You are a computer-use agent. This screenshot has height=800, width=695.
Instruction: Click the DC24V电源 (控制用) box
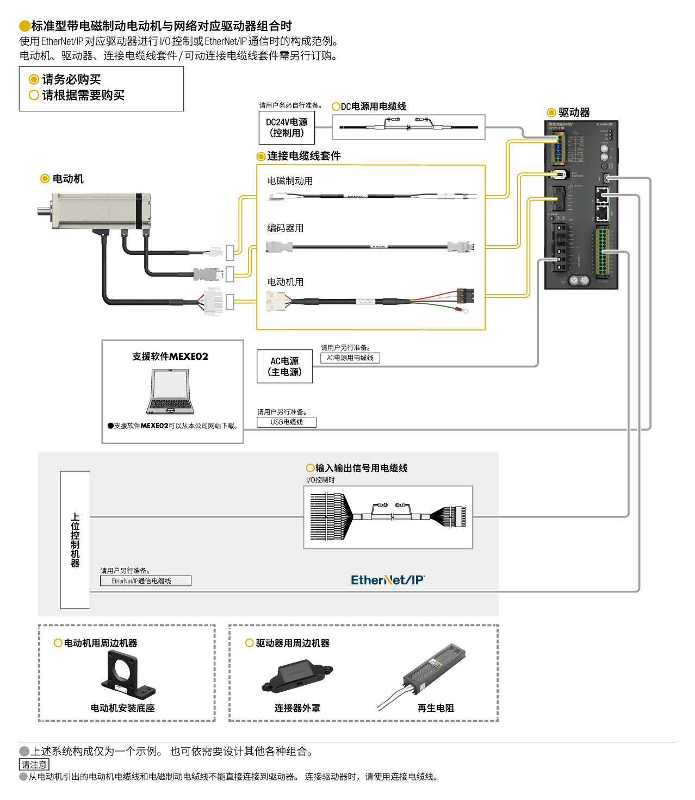coord(287,128)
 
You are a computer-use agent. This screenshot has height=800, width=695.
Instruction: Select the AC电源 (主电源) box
coord(284,367)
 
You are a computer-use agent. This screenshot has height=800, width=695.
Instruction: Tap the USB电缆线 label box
coord(287,422)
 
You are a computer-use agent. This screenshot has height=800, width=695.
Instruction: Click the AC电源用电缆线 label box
coord(350,358)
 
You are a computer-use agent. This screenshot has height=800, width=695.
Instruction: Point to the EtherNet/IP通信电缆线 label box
coord(146,581)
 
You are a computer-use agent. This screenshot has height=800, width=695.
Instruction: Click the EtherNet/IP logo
coord(387,580)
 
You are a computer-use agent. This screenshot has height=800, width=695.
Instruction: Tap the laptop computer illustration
coord(170,392)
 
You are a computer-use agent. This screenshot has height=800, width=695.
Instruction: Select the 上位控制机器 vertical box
coord(75,540)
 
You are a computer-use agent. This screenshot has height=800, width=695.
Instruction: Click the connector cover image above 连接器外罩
coord(297,677)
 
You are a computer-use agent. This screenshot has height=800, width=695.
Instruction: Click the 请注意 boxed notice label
coord(34,765)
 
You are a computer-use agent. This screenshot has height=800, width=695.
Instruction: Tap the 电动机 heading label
coord(68,179)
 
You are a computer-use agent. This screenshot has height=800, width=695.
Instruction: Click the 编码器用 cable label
coord(285,228)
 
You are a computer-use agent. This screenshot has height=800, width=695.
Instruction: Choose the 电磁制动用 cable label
coord(290,181)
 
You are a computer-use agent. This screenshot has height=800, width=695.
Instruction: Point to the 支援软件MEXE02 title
coord(170,357)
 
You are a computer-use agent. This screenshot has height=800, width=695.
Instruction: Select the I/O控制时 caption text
coord(320,480)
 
